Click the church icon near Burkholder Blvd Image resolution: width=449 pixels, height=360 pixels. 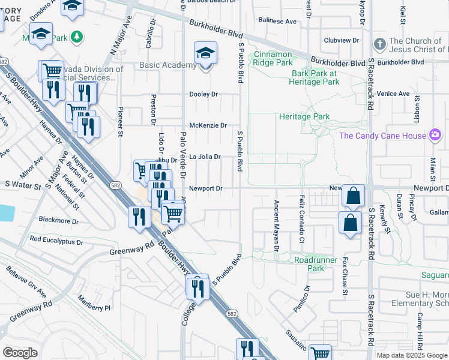coord(379,44)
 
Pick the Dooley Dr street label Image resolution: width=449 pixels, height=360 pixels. coord(203,94)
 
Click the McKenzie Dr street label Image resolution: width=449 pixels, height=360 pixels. coord(208,125)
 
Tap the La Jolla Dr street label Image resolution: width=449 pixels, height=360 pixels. coord(205,157)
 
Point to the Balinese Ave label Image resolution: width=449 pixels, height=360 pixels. coord(278,21)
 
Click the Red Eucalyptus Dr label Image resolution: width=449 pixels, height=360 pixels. coord(56,240)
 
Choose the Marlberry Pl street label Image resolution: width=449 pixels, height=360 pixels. coord(95,308)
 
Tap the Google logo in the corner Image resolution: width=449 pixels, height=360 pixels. coord(20,352)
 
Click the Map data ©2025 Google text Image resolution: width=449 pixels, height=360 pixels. coord(412,355)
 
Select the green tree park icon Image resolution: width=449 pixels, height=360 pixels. coord(77,38)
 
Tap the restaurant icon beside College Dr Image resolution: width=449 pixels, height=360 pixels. coord(197,289)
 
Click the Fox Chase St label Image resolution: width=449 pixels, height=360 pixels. coord(345,277)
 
